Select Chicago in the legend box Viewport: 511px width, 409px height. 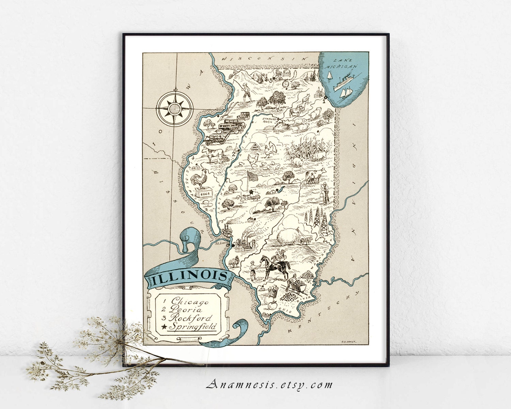point(190,301)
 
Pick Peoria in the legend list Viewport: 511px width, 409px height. point(186,309)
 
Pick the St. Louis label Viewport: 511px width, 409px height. point(220,243)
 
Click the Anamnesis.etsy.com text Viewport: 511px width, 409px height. point(269,385)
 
